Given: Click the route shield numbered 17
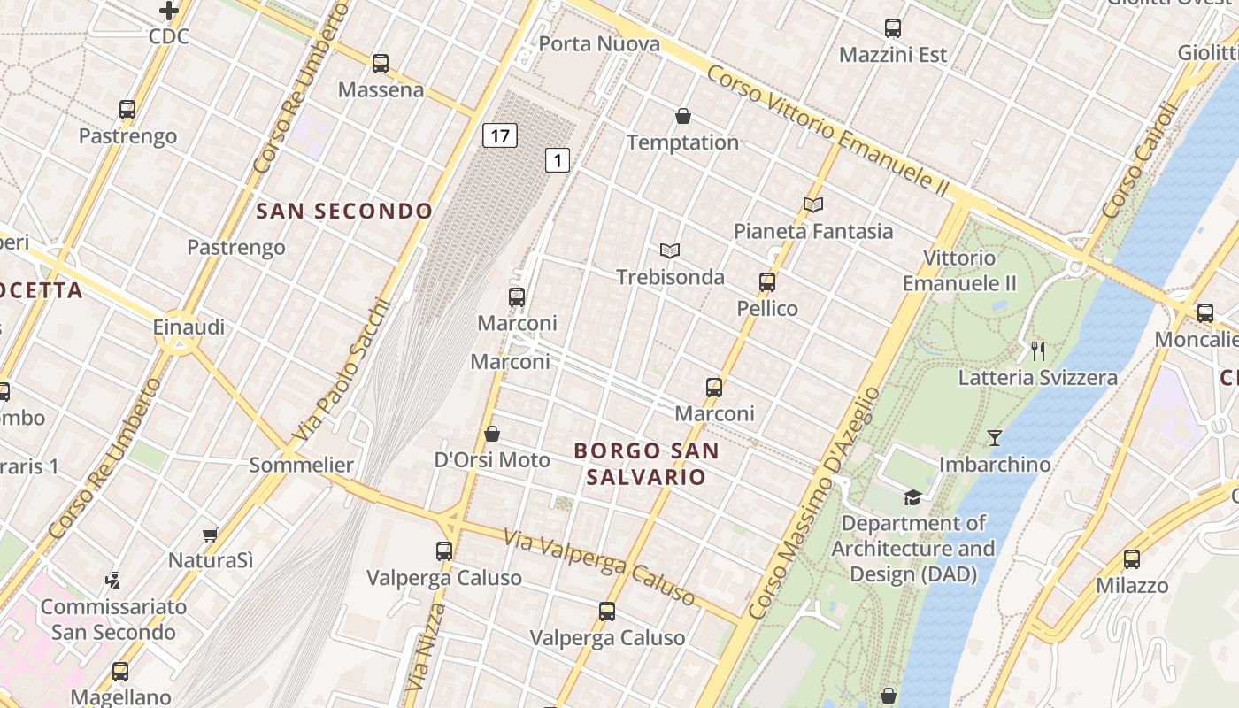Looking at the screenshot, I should coord(500,135).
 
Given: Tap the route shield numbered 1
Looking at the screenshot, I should coord(557,160).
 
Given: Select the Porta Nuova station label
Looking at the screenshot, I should coord(599,43).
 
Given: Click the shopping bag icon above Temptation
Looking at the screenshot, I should coord(683,116).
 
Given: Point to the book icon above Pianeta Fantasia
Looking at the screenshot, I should coord(813,204).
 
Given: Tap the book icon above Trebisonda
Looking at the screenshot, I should coord(670,251).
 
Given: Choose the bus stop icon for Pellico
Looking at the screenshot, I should coord(767,282).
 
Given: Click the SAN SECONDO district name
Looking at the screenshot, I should coord(344,211).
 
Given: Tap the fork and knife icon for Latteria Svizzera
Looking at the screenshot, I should coord(1038,351).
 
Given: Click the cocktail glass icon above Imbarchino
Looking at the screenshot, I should coord(995,438).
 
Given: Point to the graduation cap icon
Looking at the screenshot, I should coord(912,497).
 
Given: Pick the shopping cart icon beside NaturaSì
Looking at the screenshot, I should coord(211,535).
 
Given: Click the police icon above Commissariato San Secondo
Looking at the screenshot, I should coord(112,581).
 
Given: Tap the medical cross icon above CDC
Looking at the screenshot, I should coord(169,11).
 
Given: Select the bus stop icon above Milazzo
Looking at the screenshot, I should coord(1132,559).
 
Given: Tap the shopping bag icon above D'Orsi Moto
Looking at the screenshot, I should coord(492,434).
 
